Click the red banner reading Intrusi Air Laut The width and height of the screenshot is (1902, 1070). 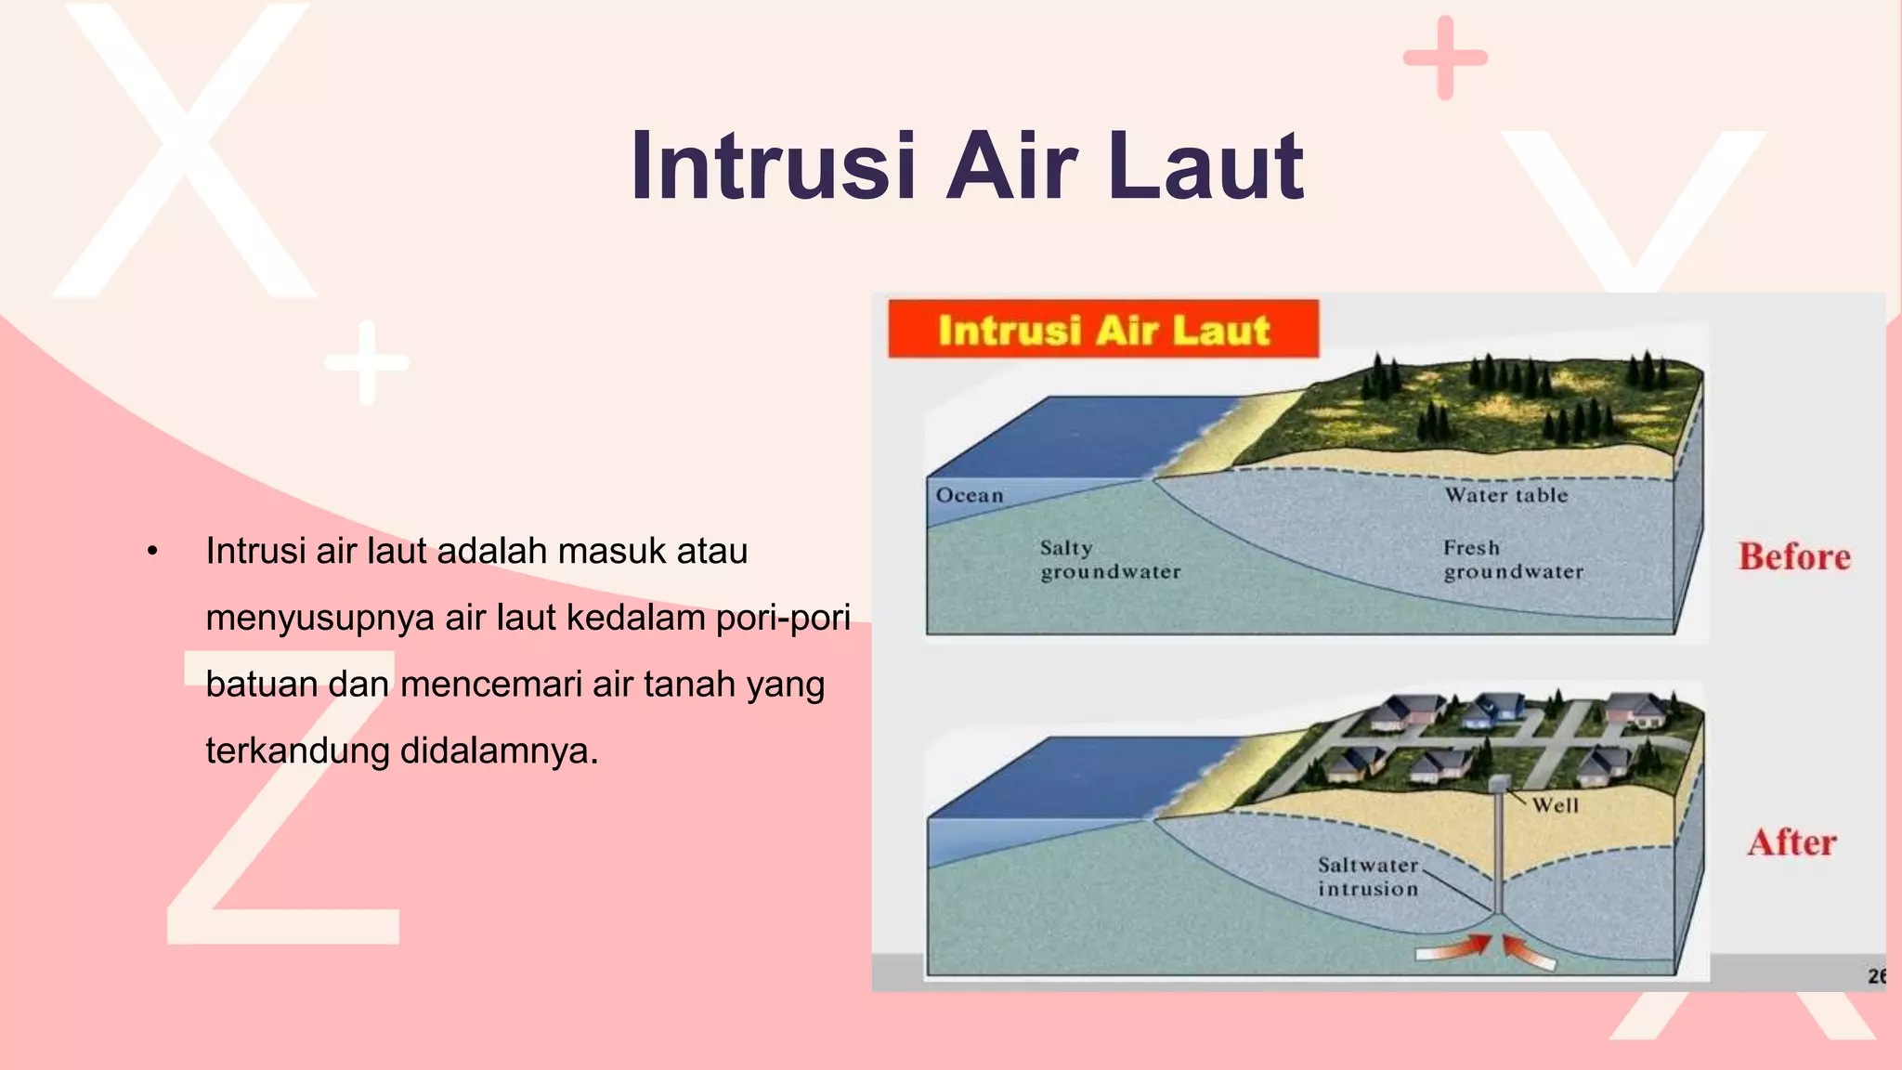(x=1102, y=330)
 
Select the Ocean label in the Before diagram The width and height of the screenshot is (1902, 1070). (x=970, y=495)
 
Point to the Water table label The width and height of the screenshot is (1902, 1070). (x=1505, y=495)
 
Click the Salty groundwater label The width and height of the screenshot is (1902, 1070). (x=1110, y=560)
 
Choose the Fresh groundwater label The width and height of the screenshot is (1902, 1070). (x=1513, y=560)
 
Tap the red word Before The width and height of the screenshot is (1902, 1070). (x=1794, y=557)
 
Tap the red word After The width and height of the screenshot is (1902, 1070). (x=1791, y=842)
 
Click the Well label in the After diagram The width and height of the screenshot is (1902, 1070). (x=1555, y=805)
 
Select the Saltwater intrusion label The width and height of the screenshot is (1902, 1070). (x=1368, y=877)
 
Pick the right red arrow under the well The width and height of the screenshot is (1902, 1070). (x=1528, y=953)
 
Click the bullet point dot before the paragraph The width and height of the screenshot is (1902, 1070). (x=152, y=552)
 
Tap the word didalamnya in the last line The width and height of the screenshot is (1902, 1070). (x=499, y=750)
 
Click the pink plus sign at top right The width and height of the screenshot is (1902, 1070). (x=1445, y=58)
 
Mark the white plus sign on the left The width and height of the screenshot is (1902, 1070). (x=367, y=362)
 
